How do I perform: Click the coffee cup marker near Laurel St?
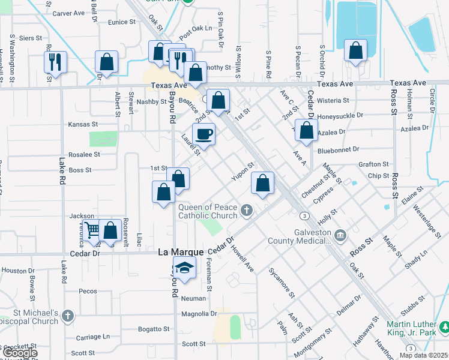pos(203,134)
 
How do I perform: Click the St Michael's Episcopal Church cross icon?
pos(68,314)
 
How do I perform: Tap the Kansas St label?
pos(83,124)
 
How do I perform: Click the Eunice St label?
pos(122,22)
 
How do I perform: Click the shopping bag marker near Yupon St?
pos(262,183)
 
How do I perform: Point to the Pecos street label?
pos(88,291)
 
